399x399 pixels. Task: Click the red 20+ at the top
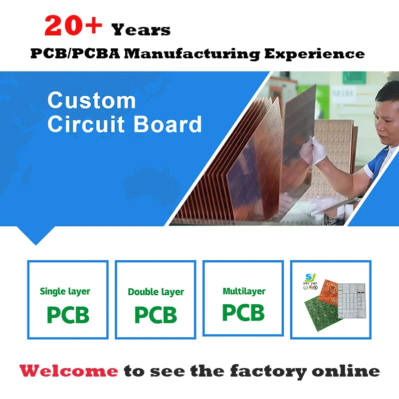pyautogui.click(x=73, y=26)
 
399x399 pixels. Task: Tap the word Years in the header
pyautogui.click(x=141, y=30)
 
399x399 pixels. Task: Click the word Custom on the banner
pyautogui.click(x=92, y=101)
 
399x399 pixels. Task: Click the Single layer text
pyautogui.click(x=65, y=291)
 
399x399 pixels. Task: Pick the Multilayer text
pyautogui.click(x=244, y=291)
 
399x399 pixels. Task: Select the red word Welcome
pyautogui.click(x=69, y=371)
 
